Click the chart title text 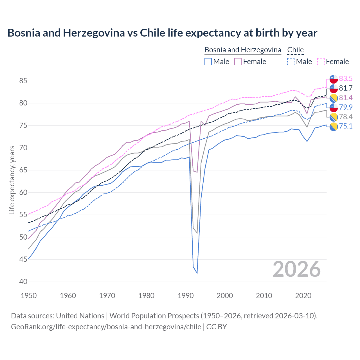click(x=162, y=33)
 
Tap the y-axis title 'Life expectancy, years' click(x=12, y=180)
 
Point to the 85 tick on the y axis click(x=23, y=81)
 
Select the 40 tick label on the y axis click(x=23, y=282)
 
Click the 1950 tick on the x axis click(x=29, y=296)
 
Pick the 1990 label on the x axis click(x=186, y=296)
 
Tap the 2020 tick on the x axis click(x=303, y=296)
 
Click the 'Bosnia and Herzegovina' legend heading click(x=242, y=50)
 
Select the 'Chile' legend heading click(x=295, y=50)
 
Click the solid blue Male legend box click(x=208, y=62)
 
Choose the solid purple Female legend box click(x=238, y=62)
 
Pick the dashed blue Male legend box click(x=291, y=62)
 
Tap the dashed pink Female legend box click(x=321, y=62)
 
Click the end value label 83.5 click(x=346, y=78)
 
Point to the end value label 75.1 click(x=346, y=126)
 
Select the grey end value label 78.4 click(x=346, y=117)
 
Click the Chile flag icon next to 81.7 click(x=334, y=88)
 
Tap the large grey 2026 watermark click(x=296, y=269)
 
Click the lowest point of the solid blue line click(x=197, y=273)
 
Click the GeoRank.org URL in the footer click(x=106, y=327)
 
